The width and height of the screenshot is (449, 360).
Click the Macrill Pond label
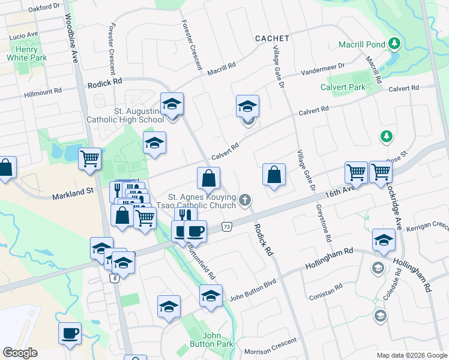[362, 44]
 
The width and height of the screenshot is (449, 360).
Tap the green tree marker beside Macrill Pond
[394, 44]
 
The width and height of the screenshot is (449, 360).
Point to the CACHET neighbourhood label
[272, 38]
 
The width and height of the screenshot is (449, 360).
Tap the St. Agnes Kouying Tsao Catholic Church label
[201, 200]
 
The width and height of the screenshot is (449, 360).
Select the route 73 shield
[226, 227]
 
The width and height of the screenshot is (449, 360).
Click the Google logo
[20, 353]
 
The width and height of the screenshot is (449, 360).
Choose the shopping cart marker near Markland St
[89, 159]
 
